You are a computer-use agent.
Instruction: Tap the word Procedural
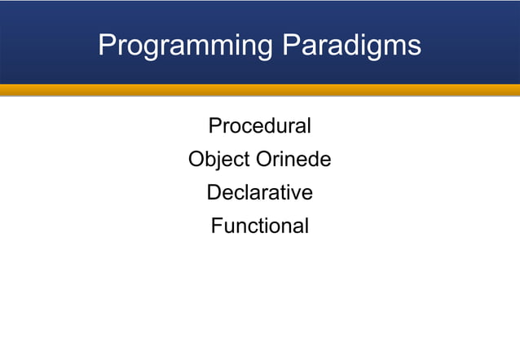point(259,126)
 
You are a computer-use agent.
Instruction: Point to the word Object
point(218,160)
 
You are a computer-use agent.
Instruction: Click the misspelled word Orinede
point(293,160)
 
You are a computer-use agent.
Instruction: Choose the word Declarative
point(259,193)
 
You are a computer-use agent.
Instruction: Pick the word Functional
point(259,226)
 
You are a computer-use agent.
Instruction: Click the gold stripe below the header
point(259,90)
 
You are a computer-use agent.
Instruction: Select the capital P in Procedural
point(215,126)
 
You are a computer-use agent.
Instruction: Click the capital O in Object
point(196,160)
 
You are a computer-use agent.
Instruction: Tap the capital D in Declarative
point(214,193)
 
